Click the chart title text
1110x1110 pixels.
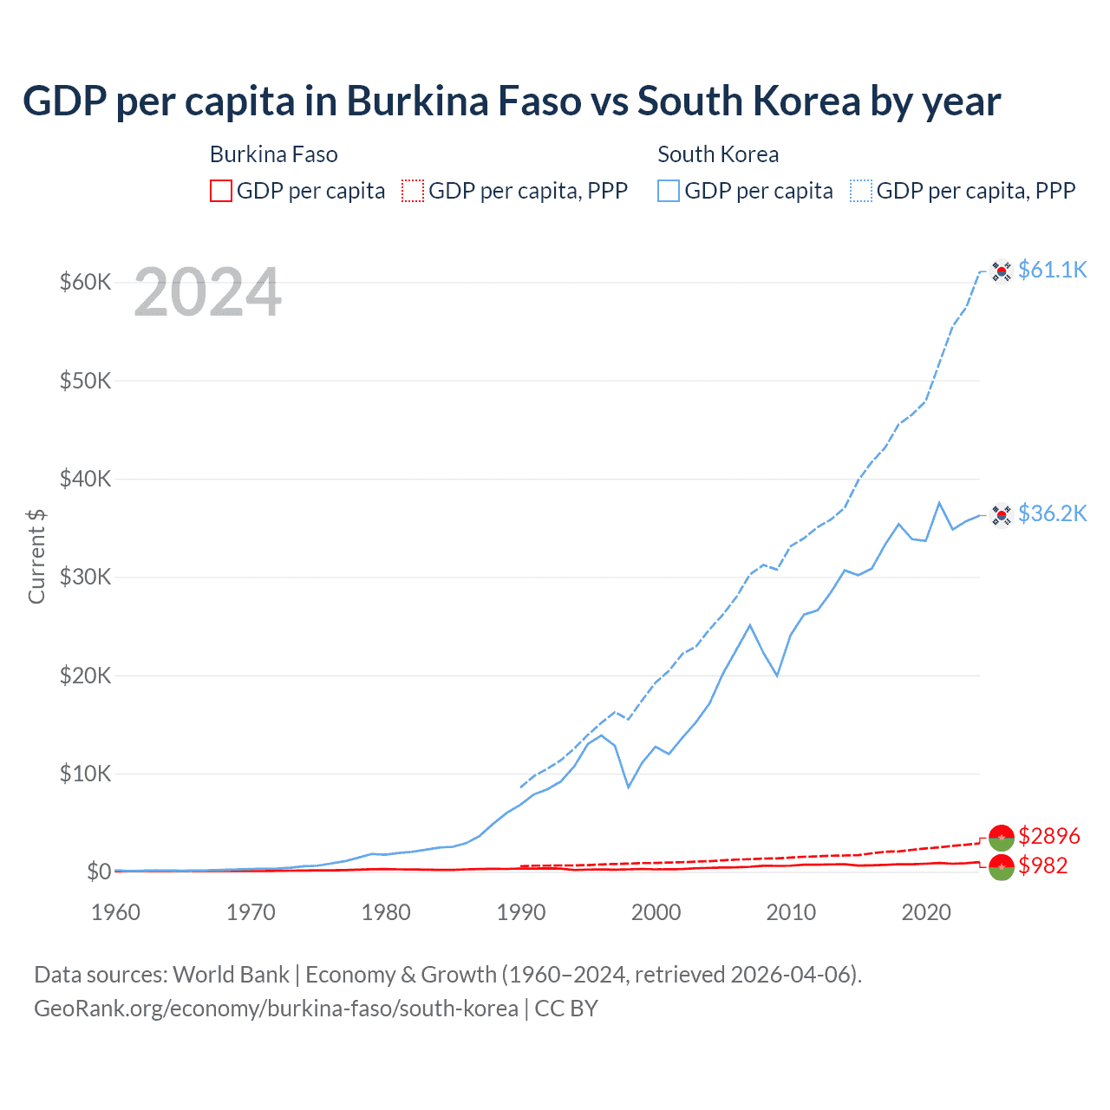click(x=512, y=101)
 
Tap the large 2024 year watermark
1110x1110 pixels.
click(x=207, y=292)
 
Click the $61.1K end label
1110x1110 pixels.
click(x=1052, y=270)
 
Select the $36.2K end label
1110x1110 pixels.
click(x=1052, y=513)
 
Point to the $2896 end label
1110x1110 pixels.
click(x=1048, y=836)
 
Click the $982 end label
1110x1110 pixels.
click(x=1042, y=865)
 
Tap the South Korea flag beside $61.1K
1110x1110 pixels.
click(x=1002, y=271)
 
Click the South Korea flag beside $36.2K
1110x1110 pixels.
click(x=1002, y=515)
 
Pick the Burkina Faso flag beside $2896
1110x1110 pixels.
click(x=1002, y=838)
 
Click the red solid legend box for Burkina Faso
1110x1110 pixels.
click(x=221, y=191)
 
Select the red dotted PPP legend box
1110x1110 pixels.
click(x=413, y=191)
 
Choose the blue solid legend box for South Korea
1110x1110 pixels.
click(x=669, y=191)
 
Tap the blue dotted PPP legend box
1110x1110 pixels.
click(x=861, y=191)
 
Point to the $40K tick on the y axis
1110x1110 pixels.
click(x=85, y=479)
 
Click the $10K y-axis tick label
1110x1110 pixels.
click(x=85, y=774)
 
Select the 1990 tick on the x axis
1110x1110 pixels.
click(x=521, y=912)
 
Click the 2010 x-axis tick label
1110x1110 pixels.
click(x=791, y=912)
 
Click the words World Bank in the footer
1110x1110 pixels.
click(x=231, y=975)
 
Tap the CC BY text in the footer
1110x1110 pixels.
click(x=566, y=1009)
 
